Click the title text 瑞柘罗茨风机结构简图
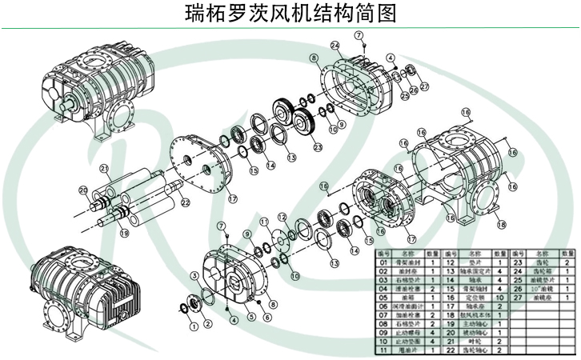[290, 14]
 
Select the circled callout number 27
[424, 86]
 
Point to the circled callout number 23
[318, 147]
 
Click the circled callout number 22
[186, 203]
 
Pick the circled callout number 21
[103, 168]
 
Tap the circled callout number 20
[82, 190]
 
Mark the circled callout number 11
[263, 221]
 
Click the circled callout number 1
[191, 326]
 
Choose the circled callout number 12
[282, 217]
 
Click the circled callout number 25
[404, 95]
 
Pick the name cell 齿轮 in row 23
[543, 261]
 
